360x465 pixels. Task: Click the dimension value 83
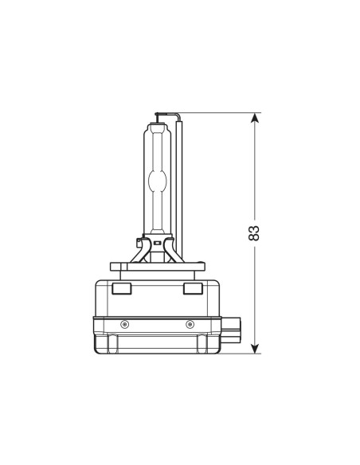click(254, 232)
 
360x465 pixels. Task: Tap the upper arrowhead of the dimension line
click(254, 118)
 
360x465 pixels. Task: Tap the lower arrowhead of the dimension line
click(255, 349)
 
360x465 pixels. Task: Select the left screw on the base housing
click(125, 325)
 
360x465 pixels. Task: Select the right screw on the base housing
click(190, 325)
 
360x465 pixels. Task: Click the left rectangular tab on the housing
click(122, 288)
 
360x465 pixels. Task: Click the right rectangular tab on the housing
click(193, 288)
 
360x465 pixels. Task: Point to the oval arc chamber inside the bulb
click(157, 181)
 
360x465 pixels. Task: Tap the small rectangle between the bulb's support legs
click(158, 243)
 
